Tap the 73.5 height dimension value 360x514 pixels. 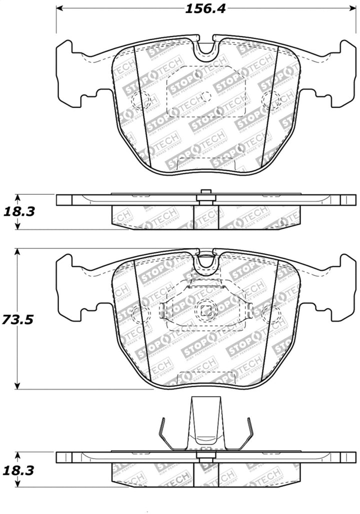pyautogui.click(x=17, y=319)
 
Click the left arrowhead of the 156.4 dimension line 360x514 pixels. pyautogui.click(x=58, y=8)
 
